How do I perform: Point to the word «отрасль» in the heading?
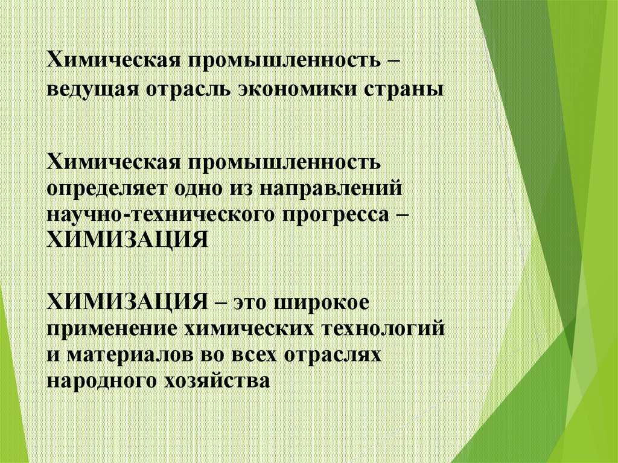coord(185,89)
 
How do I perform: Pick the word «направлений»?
coord(331,188)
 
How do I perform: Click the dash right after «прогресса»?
coord(400,214)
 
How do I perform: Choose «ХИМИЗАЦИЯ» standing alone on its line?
coord(128,240)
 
